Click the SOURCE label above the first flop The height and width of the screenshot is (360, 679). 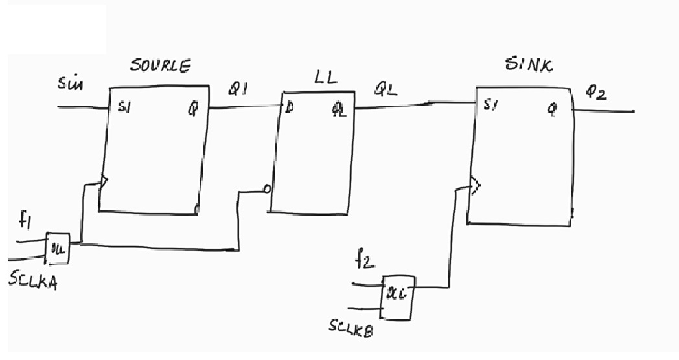[160, 67]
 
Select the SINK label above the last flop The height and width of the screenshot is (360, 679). [528, 65]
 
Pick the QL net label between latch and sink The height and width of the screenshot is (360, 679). [385, 91]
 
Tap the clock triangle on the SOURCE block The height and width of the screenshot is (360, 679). [104, 182]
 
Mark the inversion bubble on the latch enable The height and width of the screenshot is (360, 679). [267, 190]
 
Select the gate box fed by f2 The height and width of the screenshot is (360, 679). [398, 297]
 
